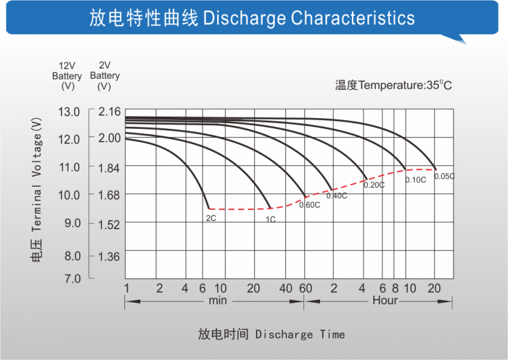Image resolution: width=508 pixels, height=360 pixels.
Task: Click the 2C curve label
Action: click(x=211, y=218)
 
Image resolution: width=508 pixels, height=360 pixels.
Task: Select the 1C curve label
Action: click(x=271, y=219)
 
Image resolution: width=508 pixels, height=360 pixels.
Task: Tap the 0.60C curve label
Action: click(x=309, y=204)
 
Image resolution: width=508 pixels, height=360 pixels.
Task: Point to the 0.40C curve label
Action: click(x=337, y=196)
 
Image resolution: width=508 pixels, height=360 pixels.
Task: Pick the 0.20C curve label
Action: click(x=374, y=185)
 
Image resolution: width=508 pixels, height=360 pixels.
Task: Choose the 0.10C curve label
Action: click(x=415, y=180)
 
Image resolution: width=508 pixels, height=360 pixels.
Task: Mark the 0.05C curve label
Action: click(x=444, y=176)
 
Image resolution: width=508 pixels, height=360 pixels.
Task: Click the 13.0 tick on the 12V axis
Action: click(x=69, y=112)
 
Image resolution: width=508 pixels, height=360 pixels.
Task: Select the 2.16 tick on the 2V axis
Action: click(x=109, y=112)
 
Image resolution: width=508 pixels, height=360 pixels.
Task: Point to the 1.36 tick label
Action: click(x=109, y=257)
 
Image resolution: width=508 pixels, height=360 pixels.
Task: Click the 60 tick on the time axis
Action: click(x=305, y=289)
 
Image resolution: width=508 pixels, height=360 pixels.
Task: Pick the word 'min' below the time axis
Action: click(x=217, y=300)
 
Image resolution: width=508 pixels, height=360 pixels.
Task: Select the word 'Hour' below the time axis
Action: click(x=385, y=300)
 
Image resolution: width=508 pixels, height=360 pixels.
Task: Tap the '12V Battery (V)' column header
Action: click(x=68, y=76)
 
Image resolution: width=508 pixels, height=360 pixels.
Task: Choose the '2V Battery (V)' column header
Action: click(x=105, y=76)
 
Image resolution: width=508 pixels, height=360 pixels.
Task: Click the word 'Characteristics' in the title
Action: click(x=352, y=18)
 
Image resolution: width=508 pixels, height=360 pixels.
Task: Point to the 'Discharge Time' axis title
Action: click(x=300, y=334)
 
